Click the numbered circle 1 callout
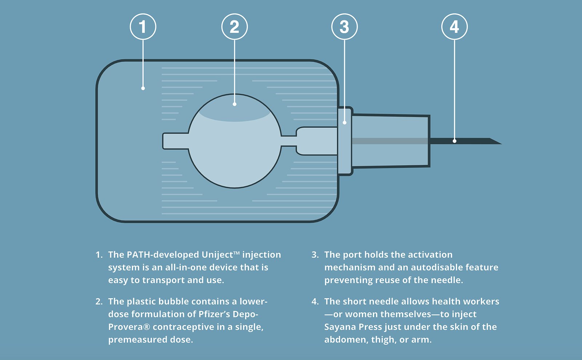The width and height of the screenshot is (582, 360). click(143, 27)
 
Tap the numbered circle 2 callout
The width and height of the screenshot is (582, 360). click(235, 27)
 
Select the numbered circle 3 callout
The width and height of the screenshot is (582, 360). click(344, 27)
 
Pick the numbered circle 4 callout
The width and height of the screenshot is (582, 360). click(454, 27)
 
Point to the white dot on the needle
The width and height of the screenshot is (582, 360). click(454, 141)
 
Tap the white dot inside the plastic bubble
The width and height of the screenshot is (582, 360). click(235, 104)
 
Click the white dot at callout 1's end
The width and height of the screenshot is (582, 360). click(143, 88)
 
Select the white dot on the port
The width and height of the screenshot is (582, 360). click(345, 123)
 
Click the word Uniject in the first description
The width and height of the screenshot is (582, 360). click(217, 255)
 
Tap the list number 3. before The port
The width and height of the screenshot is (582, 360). click(315, 255)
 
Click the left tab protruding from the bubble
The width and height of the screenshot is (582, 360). click(175, 141)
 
